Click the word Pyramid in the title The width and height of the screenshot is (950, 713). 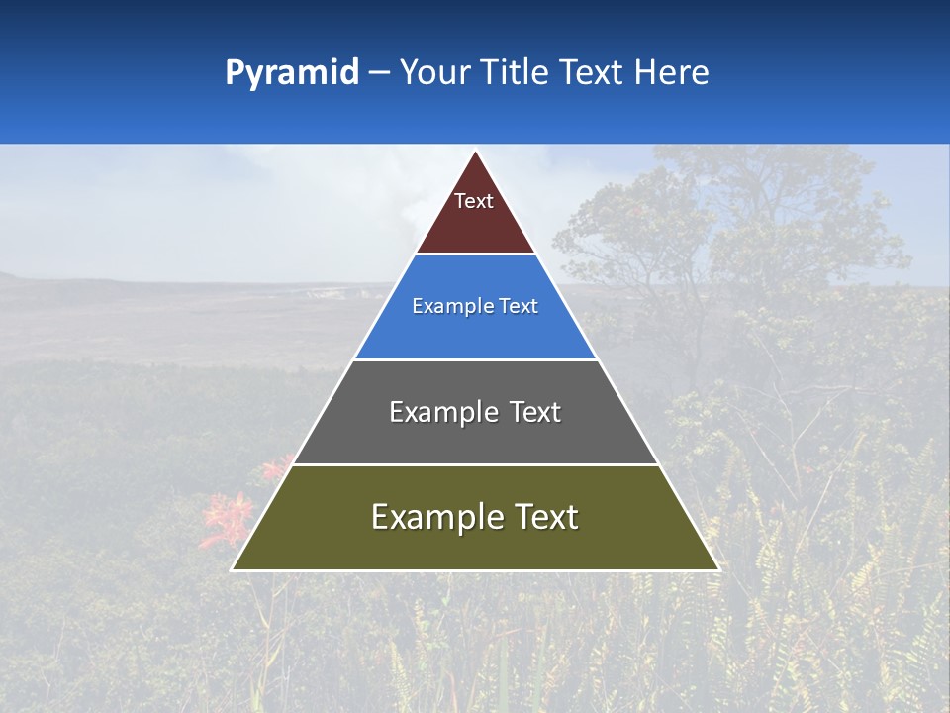pos(292,73)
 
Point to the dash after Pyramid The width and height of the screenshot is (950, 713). pos(379,73)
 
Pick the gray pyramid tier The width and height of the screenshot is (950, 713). pos(475,436)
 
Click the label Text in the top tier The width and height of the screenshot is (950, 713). pos(474,201)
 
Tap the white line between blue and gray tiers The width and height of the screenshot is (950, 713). pos(475,359)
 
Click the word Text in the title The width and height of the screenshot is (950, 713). pos(591,72)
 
